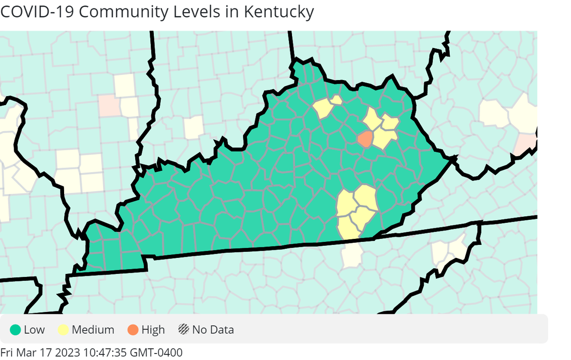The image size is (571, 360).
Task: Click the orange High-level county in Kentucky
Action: click(x=365, y=139)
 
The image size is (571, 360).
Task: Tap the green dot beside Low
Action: click(x=16, y=329)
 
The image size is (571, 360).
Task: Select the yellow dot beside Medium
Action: click(x=64, y=329)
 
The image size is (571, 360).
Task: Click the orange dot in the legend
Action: click(x=133, y=329)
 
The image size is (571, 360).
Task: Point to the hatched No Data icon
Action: click(x=184, y=329)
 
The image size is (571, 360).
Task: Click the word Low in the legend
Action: click(x=34, y=329)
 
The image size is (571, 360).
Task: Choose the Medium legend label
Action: click(x=93, y=329)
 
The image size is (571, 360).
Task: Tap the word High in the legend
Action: click(x=153, y=329)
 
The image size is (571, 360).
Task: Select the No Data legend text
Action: click(x=213, y=329)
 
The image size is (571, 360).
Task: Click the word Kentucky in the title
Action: click(x=278, y=11)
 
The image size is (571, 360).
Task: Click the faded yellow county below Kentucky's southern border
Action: click(x=352, y=255)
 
